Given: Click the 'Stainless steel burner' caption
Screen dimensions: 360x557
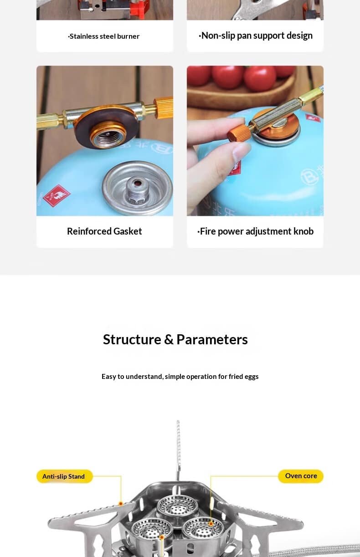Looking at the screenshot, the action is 104,36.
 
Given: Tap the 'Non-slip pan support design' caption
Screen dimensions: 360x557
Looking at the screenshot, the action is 256,36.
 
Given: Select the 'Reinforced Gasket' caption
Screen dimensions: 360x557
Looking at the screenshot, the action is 104,231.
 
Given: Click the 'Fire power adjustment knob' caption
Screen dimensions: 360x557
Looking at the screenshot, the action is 255,231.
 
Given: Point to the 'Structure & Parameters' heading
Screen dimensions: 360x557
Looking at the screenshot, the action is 175,339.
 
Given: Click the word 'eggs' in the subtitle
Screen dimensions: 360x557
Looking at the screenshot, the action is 252,377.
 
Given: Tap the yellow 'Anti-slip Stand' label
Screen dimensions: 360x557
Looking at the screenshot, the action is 65,476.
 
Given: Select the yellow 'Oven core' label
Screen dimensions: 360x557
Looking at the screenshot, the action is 301,476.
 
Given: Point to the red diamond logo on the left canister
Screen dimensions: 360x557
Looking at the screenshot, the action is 57,195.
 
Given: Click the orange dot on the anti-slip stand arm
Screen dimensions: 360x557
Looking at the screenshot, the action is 121,504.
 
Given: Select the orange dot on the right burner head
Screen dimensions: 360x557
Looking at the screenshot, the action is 211,524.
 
